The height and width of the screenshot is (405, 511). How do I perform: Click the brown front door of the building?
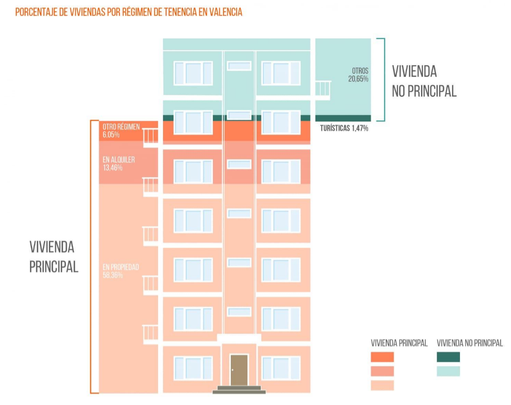coord(239,370)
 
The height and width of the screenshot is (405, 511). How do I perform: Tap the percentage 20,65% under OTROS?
coord(358,79)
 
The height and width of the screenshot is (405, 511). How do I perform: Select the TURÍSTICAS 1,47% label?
coord(343,128)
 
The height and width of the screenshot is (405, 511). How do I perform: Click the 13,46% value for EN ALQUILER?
coord(113,168)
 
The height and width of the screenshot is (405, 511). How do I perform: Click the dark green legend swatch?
coord(448,357)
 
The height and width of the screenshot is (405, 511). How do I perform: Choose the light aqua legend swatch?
coord(448,371)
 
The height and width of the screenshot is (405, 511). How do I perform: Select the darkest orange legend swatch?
coord(382,357)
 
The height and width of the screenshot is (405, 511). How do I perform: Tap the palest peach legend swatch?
coord(382,386)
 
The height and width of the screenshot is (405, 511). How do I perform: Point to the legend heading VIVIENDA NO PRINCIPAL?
coord(469,343)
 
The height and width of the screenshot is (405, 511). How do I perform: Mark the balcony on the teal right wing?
coord(322,90)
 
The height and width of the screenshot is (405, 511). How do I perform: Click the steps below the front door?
coord(239,390)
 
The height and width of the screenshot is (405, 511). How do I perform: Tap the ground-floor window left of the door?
coord(193,368)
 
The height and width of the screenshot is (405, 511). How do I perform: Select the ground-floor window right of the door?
coord(281,368)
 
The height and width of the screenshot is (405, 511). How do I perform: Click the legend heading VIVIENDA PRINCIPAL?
coord(399,343)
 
